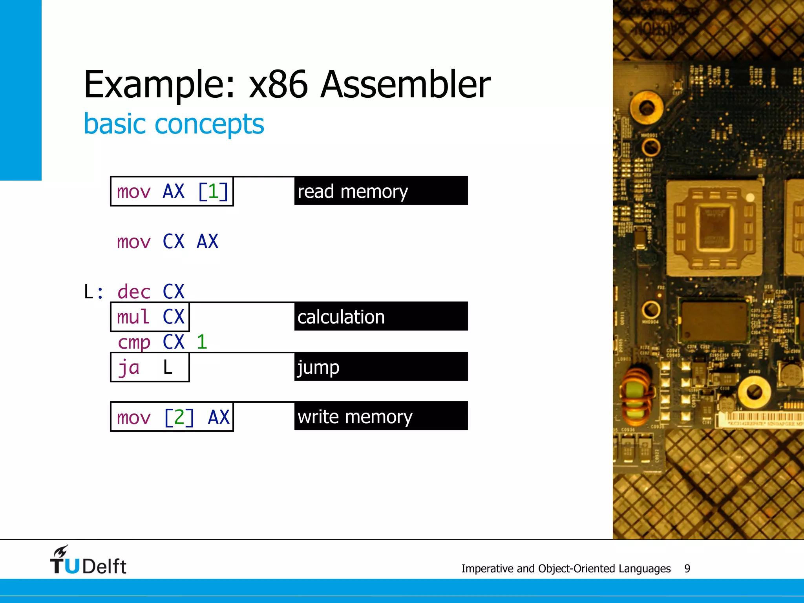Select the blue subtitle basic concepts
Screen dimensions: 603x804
(x=174, y=124)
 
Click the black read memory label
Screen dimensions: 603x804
(x=380, y=191)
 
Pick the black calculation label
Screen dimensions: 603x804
(x=380, y=316)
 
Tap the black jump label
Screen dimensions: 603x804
(x=380, y=367)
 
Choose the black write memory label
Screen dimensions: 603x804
(x=380, y=416)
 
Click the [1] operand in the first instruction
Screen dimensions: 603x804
(x=213, y=192)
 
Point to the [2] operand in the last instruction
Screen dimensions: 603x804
(x=179, y=417)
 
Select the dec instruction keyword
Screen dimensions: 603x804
(x=134, y=292)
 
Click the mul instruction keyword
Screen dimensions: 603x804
(x=133, y=317)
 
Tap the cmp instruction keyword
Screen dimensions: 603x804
(x=134, y=342)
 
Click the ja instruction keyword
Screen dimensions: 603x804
(x=129, y=367)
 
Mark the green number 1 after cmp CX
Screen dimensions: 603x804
(x=202, y=342)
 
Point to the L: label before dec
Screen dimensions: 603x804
(x=93, y=292)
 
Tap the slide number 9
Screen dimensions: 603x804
(x=687, y=568)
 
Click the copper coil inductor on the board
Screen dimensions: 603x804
(x=637, y=397)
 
